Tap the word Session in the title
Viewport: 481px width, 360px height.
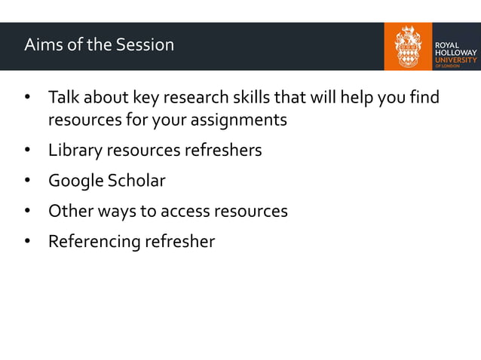pos(145,45)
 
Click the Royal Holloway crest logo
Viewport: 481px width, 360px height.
pos(407,46)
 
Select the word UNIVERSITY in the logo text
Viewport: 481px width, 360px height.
pos(454,56)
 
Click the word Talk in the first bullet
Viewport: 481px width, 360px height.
pos(64,99)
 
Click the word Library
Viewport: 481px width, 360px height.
pos(75,151)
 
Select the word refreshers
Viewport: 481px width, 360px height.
pos(223,151)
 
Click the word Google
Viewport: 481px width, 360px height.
pos(75,182)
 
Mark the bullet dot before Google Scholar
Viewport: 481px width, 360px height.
pos(27,182)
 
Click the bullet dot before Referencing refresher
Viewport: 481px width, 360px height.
pos(27,242)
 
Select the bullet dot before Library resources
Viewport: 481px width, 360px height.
pos(27,151)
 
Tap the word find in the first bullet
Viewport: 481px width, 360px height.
pos(426,99)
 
